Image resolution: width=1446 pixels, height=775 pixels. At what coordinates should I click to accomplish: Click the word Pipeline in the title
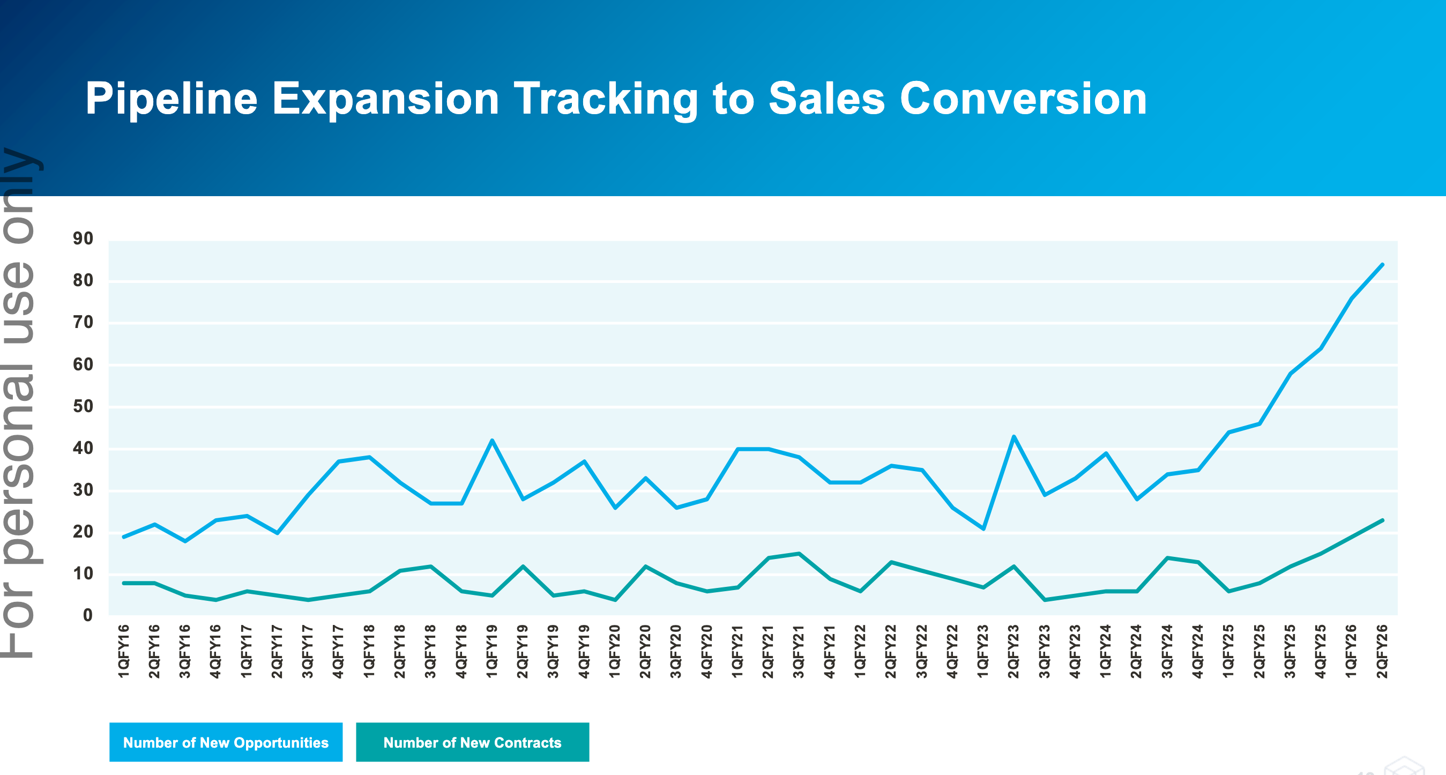coord(171,99)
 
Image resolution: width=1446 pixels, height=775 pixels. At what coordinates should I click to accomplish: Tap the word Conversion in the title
coord(1023,99)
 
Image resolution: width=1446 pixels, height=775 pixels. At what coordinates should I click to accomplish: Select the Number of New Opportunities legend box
coord(226,742)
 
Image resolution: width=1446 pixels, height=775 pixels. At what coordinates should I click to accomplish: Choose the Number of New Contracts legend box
coord(472,742)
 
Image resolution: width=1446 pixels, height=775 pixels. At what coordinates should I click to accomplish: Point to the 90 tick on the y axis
coord(83,239)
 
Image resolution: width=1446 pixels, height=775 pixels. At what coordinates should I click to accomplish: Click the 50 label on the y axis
coord(83,406)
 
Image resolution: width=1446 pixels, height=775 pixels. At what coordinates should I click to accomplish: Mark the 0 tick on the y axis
coord(87,616)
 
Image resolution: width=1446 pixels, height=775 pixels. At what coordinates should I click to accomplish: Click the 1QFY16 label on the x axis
coord(123,651)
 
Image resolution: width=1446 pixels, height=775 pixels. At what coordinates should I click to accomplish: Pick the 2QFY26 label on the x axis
coord(1382,651)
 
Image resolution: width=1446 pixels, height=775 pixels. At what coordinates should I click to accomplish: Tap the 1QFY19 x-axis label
coord(491,651)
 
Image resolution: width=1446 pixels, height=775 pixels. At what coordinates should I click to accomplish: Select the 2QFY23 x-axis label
coord(1013,651)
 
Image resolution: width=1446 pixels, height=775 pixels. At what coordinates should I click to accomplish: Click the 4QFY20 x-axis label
coord(706,651)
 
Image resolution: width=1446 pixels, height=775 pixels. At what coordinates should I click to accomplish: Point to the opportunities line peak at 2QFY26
coord(1382,264)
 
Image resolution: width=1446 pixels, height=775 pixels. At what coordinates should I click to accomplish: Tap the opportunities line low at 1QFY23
coord(983,528)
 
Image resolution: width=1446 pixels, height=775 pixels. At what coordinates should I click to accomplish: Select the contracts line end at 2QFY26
coord(1382,520)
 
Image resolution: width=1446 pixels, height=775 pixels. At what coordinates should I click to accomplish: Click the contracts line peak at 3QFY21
coord(799,554)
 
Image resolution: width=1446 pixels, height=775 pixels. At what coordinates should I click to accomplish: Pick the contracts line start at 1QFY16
coord(124,583)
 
